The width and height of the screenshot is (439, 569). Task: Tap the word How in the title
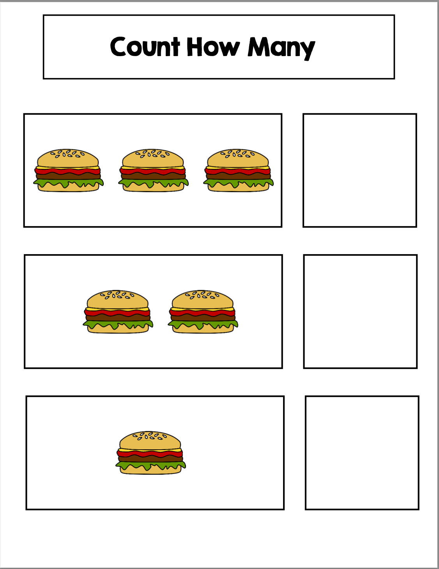(x=213, y=47)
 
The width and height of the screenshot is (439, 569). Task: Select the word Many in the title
(x=281, y=48)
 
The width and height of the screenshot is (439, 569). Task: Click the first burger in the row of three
(x=68, y=170)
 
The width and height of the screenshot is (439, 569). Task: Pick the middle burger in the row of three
(x=153, y=170)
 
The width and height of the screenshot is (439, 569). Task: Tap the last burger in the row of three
(x=238, y=170)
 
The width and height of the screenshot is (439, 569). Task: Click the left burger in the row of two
(x=118, y=311)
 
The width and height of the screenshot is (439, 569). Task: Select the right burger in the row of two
(x=203, y=311)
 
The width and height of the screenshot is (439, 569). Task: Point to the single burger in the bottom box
(x=150, y=452)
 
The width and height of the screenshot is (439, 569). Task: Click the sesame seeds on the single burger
(x=150, y=436)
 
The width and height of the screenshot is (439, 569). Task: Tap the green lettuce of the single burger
(x=150, y=465)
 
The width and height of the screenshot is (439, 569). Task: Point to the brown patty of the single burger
(x=150, y=458)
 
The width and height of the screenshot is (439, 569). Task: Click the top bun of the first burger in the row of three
(x=68, y=158)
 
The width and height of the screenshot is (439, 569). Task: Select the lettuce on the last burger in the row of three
(x=238, y=183)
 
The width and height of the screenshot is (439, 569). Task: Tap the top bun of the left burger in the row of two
(x=117, y=299)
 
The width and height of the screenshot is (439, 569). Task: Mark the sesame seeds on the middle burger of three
(x=152, y=154)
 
